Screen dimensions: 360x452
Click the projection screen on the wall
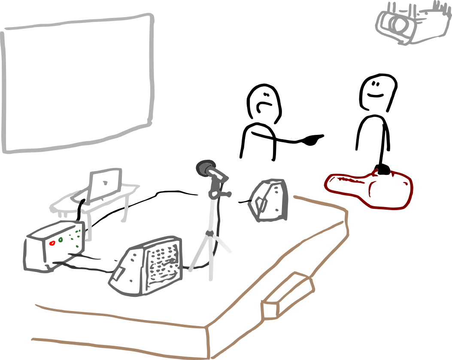[x=77, y=84]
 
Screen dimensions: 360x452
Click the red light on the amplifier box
[x=53, y=243]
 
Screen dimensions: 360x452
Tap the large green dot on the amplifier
[x=61, y=239]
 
